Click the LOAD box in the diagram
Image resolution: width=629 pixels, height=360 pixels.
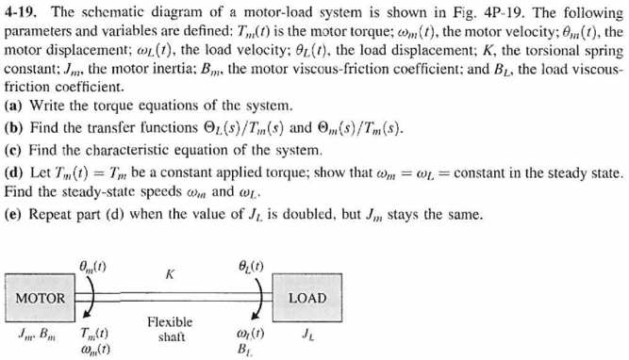pos(306,299)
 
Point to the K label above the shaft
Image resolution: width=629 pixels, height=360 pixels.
pos(169,275)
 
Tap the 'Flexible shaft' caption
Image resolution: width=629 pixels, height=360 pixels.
pos(170,328)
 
